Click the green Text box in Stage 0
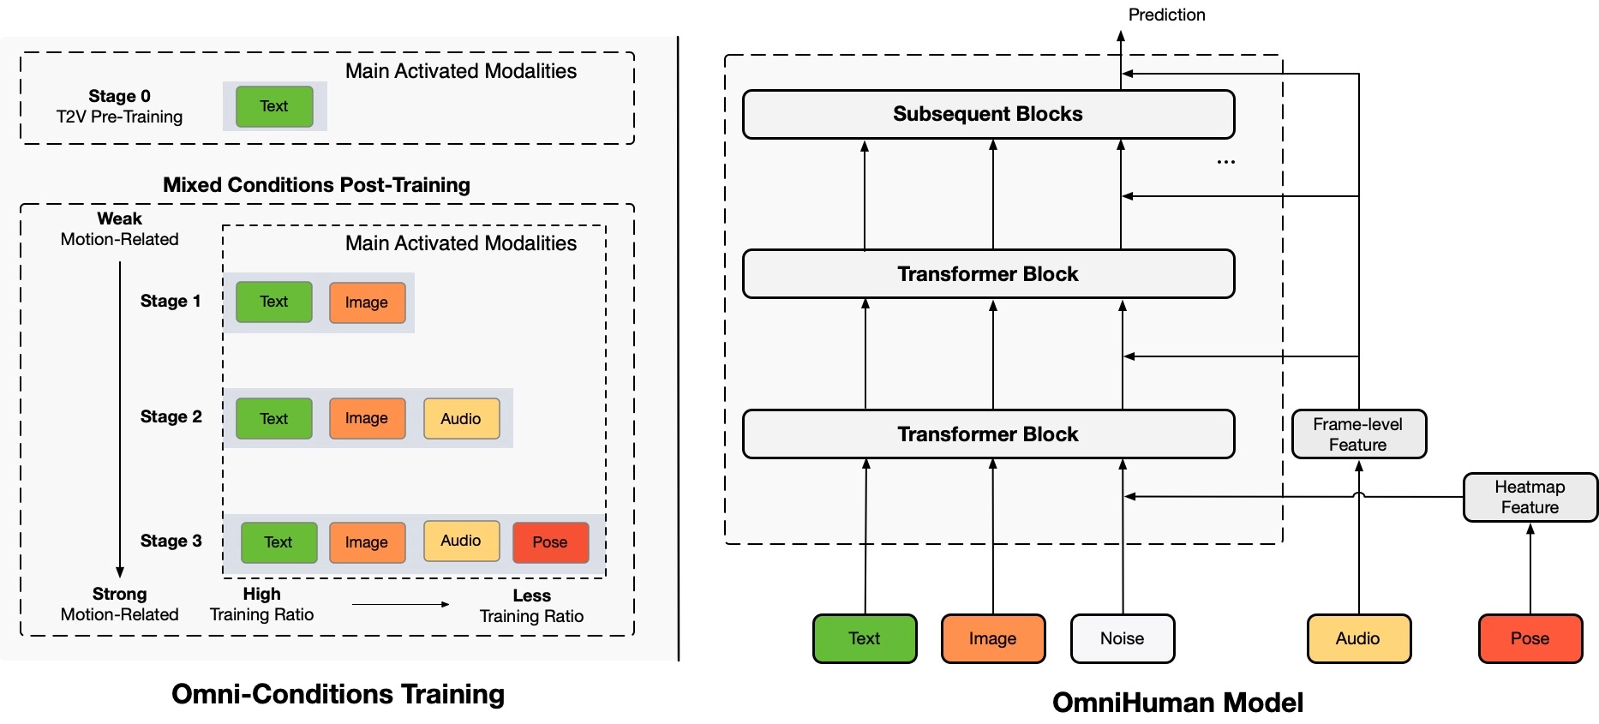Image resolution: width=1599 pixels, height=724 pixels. pyautogui.click(x=274, y=106)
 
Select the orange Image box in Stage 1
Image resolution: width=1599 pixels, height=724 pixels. pyautogui.click(x=367, y=302)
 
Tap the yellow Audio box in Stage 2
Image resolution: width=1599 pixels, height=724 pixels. pyautogui.click(x=461, y=418)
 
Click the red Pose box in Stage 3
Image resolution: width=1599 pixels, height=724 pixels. pyautogui.click(x=550, y=542)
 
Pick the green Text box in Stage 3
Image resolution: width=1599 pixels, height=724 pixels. pyautogui.click(x=278, y=542)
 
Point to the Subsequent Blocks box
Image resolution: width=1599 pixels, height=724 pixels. pyautogui.click(x=988, y=114)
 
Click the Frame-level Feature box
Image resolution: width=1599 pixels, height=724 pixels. pyautogui.click(x=1358, y=434)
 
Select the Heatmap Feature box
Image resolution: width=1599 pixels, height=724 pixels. pyautogui.click(x=1530, y=497)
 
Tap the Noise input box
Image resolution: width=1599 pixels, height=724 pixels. pyautogui.click(x=1122, y=638)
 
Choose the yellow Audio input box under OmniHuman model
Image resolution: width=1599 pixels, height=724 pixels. pyautogui.click(x=1358, y=638)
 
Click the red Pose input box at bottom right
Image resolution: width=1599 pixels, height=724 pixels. pyautogui.click(x=1530, y=638)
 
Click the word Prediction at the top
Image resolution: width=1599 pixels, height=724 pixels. pyautogui.click(x=1166, y=15)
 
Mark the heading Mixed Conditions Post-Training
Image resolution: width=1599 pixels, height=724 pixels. pyautogui.click(x=316, y=185)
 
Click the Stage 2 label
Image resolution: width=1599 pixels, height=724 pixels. pyautogui.click(x=171, y=416)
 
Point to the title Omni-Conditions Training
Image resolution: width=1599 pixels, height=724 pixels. pyautogui.click(x=338, y=694)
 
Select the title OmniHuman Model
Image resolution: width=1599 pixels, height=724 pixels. pyautogui.click(x=1177, y=703)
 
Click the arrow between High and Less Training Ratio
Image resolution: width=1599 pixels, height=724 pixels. pyautogui.click(x=400, y=604)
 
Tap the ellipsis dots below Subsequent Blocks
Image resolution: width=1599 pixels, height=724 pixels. pyautogui.click(x=1225, y=162)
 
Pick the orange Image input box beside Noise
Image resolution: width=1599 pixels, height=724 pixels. pyautogui.click(x=992, y=638)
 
